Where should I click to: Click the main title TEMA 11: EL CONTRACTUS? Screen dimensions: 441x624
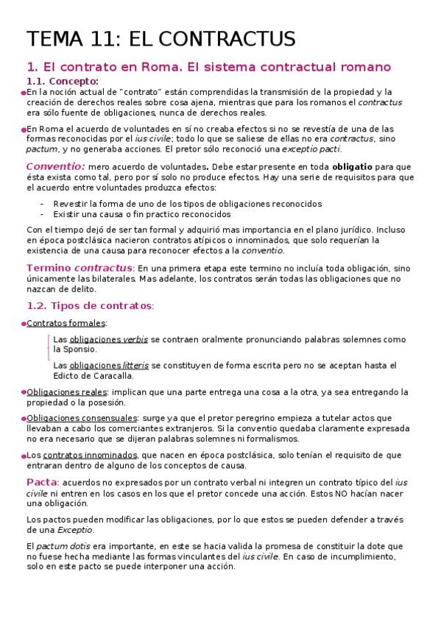161,38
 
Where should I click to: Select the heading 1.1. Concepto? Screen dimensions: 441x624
63,81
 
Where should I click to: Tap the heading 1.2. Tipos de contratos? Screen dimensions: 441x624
91,305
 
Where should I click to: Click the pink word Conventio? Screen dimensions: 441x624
55,167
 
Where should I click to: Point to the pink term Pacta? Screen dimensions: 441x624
43,481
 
